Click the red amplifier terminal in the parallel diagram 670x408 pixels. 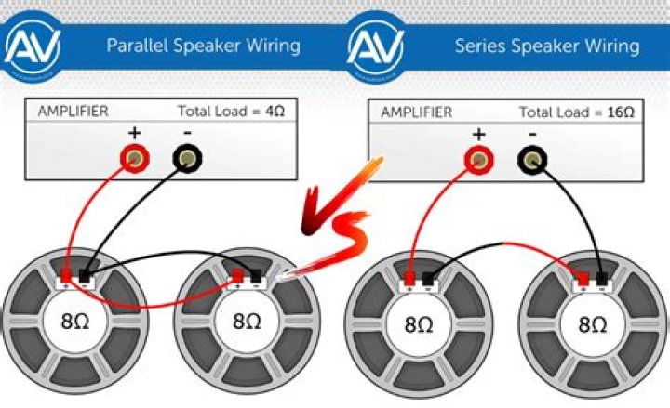tap(135, 162)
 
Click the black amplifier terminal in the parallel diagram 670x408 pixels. tap(187, 162)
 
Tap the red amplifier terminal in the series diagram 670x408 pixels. tap(478, 163)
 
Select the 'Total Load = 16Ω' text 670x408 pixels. tap(577, 112)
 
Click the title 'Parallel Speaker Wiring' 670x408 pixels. tap(203, 45)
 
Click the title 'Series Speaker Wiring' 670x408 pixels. tap(546, 45)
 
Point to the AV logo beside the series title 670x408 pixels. tap(377, 44)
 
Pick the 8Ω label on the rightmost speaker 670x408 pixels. tap(593, 325)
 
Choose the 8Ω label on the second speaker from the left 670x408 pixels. tap(247, 322)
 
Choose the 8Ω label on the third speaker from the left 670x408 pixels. tap(418, 325)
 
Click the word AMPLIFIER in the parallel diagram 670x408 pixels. tap(73, 112)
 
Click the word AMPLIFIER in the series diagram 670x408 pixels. tap(415, 112)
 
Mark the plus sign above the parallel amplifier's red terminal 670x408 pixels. tap(135, 134)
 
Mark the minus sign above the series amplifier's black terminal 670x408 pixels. tap(532, 135)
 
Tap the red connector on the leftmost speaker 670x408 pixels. tap(68, 276)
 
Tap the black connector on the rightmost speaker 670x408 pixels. tap(602, 277)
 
